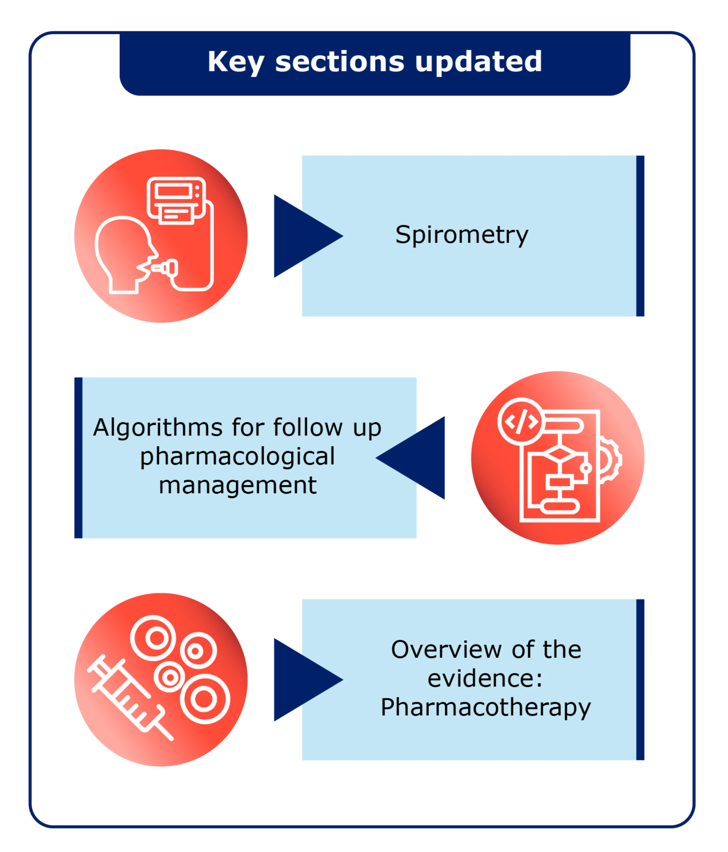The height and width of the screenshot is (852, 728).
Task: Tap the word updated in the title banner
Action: tap(478, 63)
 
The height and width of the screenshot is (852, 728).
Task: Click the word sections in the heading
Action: tap(339, 63)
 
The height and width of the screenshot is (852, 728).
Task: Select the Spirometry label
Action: tap(461, 235)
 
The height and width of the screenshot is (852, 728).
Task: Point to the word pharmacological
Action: tap(237, 456)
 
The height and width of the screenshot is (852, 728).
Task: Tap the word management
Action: tap(237, 486)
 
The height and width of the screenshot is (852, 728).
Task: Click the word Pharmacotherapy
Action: tap(485, 707)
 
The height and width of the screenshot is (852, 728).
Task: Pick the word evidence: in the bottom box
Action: tap(485, 678)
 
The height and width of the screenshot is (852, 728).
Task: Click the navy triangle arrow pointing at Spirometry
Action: tap(304, 236)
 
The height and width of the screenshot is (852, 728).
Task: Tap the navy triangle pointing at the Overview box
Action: tap(304, 680)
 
